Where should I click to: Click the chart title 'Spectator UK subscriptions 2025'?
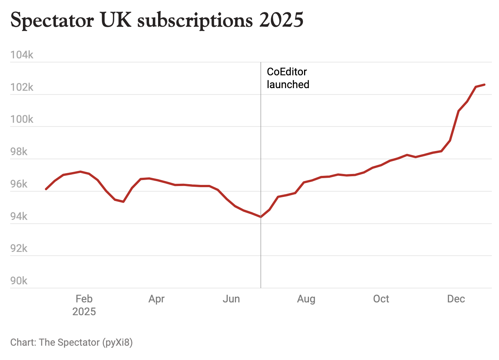coord(157,20)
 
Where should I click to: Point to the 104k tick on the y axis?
coord(22,55)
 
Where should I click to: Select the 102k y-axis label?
coord(22,87)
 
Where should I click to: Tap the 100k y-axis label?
coord(22,119)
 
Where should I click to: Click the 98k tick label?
coord(19,152)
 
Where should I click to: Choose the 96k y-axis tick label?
coord(19,184)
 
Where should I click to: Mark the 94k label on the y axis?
coord(19,217)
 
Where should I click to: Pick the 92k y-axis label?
coord(19,249)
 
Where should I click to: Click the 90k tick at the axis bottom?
coord(19,281)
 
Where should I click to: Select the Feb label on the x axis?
coord(84,299)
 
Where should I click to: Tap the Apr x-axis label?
coord(157,299)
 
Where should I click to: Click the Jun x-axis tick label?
coord(231,299)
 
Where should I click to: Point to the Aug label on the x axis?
coord(306,299)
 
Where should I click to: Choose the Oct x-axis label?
coord(381,299)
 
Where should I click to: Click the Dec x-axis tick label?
coord(456,299)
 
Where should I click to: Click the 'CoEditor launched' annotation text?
coord(288,78)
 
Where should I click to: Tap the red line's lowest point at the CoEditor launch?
coord(261,217)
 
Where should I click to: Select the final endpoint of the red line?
coord(485,84)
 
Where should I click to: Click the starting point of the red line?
coord(46,189)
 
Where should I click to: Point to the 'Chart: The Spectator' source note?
coord(72,342)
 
